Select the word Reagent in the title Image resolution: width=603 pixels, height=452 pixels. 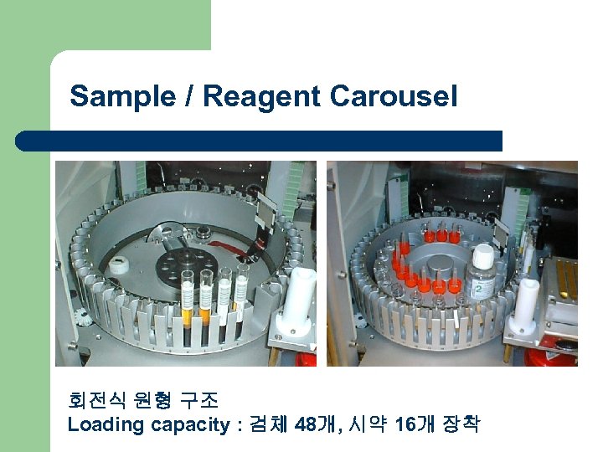261,96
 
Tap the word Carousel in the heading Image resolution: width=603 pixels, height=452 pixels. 394,96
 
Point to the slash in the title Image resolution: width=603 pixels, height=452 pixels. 189,96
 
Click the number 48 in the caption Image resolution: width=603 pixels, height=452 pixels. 306,424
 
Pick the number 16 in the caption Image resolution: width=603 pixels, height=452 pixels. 406,424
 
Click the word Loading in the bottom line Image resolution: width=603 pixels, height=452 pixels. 106,424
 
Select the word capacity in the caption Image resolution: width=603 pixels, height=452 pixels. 189,425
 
